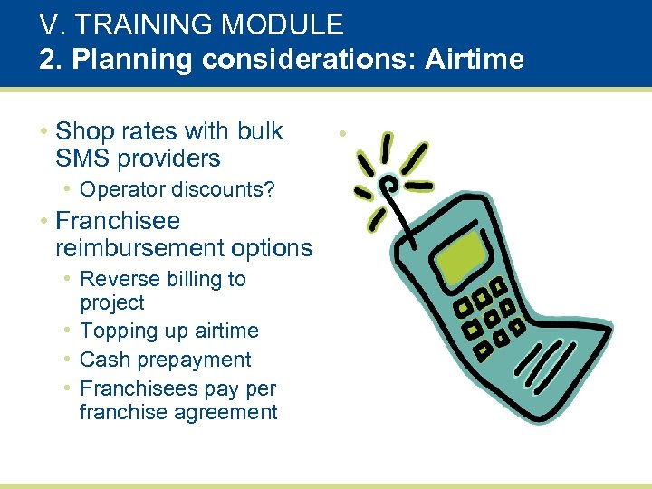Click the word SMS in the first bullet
(81, 158)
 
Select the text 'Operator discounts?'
(177, 190)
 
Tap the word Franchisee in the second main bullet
(118, 221)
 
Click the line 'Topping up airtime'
(169, 331)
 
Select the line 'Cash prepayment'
(166, 360)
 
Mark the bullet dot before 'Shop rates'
(43, 132)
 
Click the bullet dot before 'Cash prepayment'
(68, 360)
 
